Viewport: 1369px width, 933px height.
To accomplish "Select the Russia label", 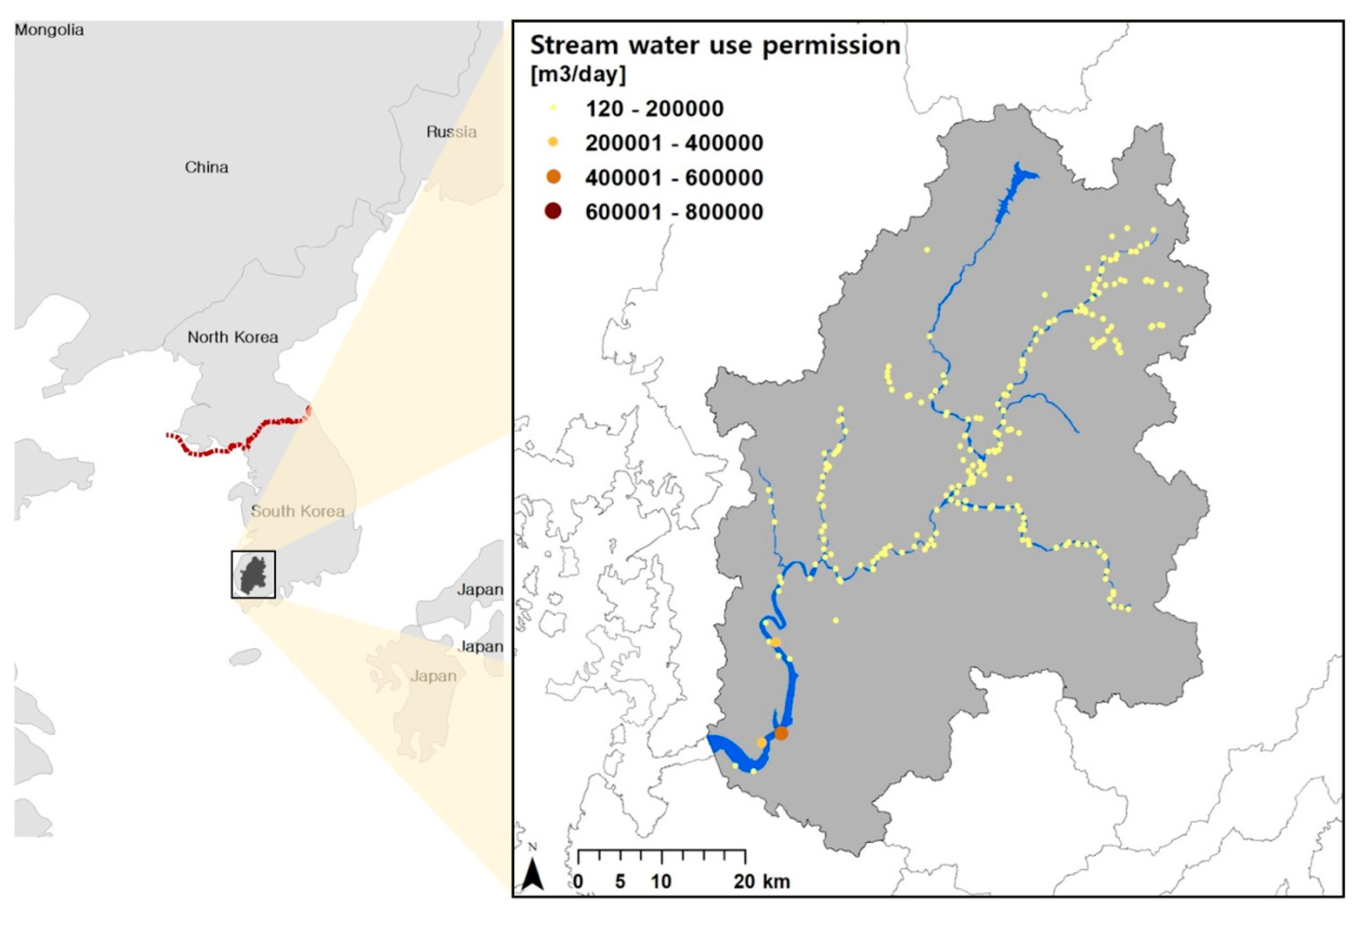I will tap(451, 132).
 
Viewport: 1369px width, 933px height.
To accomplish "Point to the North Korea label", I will tap(233, 337).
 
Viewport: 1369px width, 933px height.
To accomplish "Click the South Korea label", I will tap(297, 511).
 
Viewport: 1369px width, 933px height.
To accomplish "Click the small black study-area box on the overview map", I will tap(253, 574).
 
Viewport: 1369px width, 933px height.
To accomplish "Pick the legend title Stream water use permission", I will tap(715, 45).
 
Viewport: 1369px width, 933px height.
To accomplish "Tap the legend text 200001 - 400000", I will tap(674, 143).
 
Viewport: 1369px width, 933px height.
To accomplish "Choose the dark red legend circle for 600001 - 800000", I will tap(553, 212).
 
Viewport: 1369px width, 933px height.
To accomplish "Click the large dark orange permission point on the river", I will tap(781, 733).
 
